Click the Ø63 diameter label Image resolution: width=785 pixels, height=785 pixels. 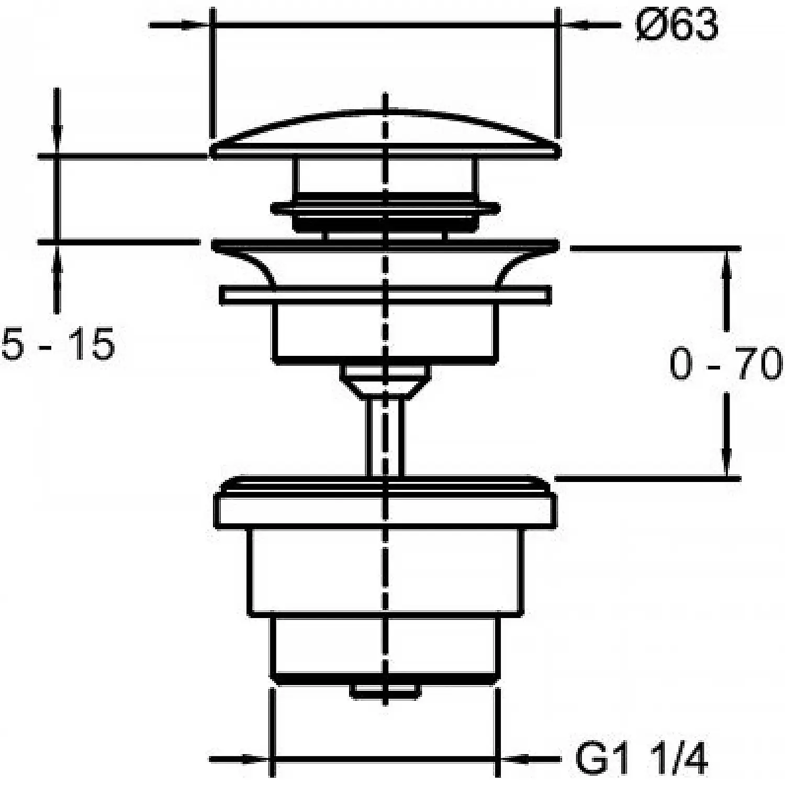click(677, 26)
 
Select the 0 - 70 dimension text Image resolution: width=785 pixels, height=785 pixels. click(726, 364)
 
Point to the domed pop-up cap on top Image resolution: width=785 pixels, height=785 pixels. click(386, 134)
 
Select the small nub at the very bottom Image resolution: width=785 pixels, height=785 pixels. click(386, 690)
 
